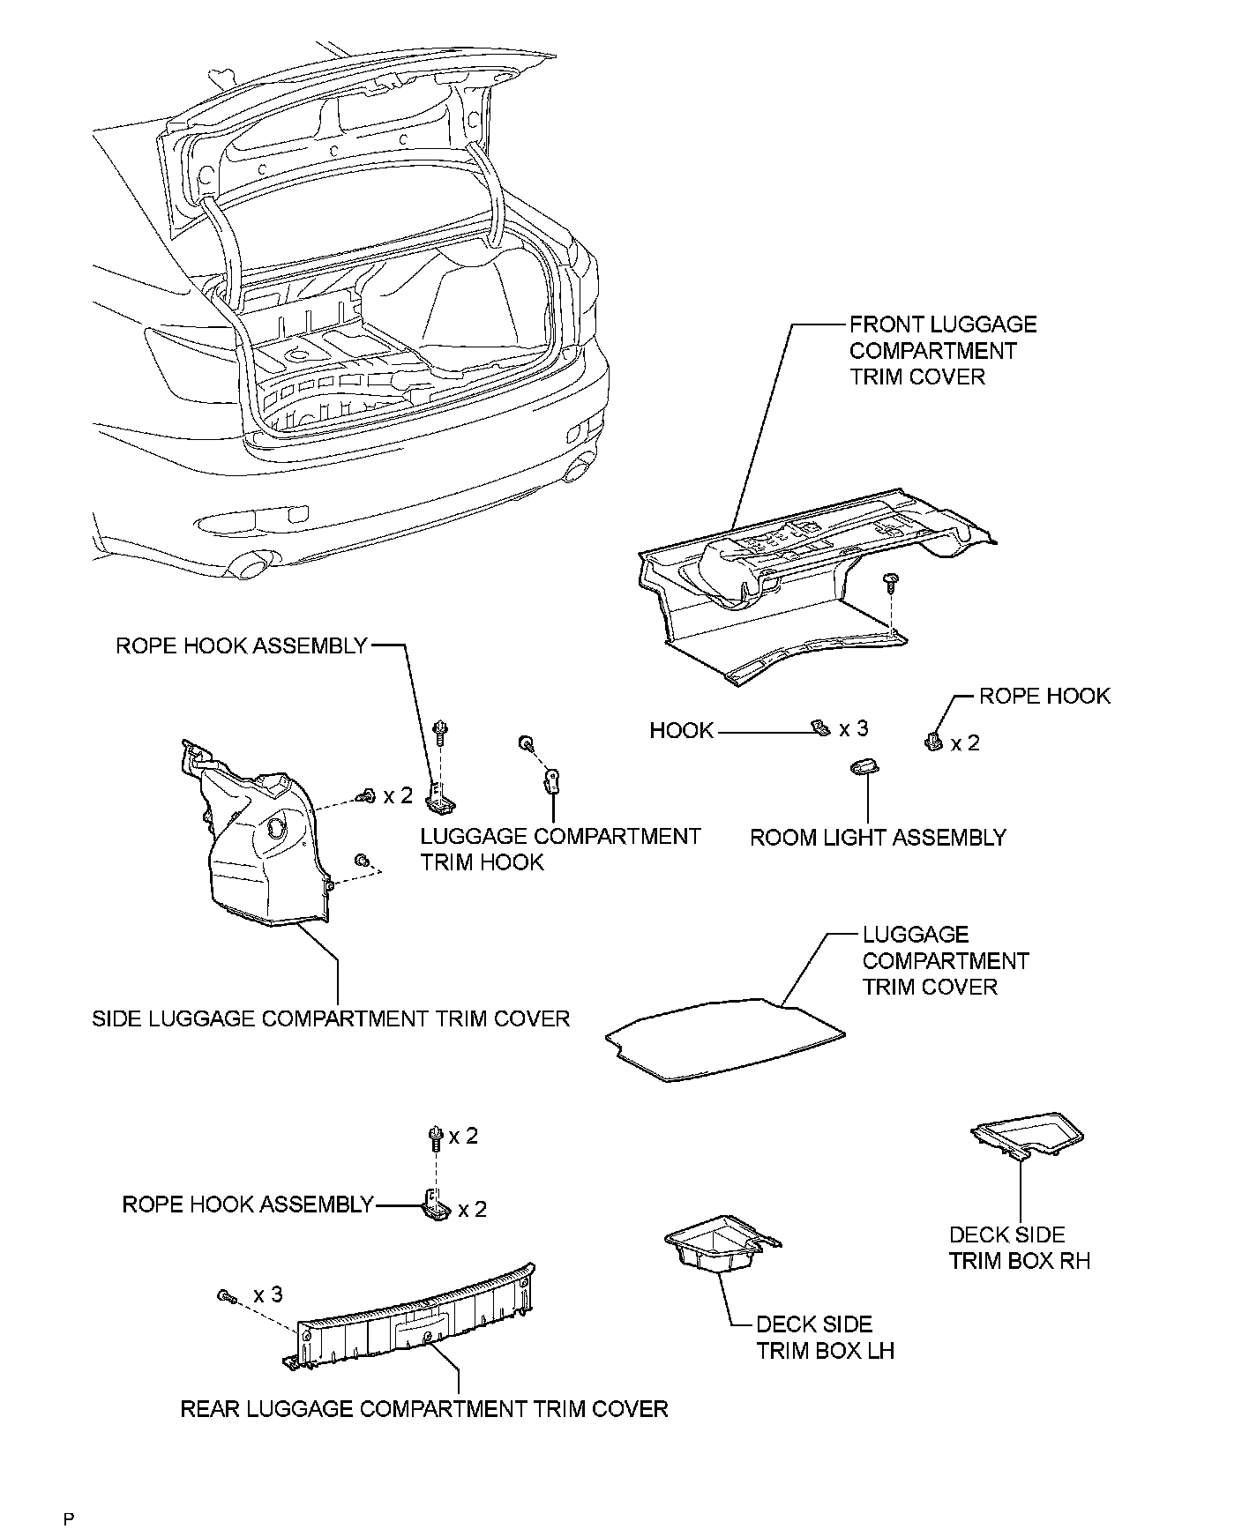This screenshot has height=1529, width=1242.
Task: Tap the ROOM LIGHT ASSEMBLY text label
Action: [878, 838]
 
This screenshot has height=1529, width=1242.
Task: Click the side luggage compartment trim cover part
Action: [260, 838]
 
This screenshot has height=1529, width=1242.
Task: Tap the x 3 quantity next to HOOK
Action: [854, 729]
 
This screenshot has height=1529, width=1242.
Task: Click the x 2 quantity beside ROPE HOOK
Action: [965, 743]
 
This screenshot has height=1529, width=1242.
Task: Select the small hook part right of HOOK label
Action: [820, 727]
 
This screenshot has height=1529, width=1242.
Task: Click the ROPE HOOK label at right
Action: [1044, 696]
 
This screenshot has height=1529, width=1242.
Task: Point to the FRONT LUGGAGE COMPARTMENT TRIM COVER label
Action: [942, 351]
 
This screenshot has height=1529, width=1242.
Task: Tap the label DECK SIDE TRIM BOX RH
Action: [1019, 1248]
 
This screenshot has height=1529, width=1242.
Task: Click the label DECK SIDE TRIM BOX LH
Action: [825, 1337]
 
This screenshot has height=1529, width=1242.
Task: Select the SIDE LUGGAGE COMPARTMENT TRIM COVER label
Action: [331, 1019]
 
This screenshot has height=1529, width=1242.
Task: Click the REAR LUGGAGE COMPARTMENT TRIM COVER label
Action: [423, 1409]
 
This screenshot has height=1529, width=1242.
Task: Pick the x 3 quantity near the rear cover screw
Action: [268, 1294]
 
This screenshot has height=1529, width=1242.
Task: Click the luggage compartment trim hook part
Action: [554, 780]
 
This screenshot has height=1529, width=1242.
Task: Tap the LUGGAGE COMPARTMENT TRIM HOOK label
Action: [560, 849]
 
